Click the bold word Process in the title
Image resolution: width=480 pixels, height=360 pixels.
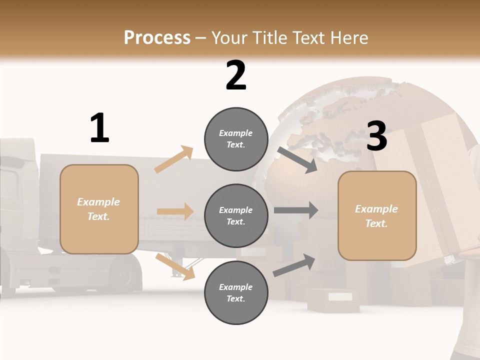[157, 37]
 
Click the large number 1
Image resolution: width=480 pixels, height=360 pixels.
[99, 128]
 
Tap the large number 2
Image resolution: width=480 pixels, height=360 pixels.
[236, 75]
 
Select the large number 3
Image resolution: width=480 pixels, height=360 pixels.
[377, 136]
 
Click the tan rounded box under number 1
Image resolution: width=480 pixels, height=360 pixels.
[99, 209]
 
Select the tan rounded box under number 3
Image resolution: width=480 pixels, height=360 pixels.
[377, 215]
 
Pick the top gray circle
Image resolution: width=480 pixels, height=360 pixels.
[236, 139]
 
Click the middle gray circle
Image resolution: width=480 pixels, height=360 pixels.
[236, 215]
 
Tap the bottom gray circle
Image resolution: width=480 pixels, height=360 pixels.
[236, 292]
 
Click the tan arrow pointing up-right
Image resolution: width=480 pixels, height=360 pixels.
[173, 159]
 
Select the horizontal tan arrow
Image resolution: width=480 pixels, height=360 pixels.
[175, 211]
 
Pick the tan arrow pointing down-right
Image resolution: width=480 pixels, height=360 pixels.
[175, 266]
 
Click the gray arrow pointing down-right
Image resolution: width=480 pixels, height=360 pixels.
[297, 160]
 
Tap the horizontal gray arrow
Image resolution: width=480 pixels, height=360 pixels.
[295, 210]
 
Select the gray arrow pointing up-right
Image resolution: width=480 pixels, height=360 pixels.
[294, 265]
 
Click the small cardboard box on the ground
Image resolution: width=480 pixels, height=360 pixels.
[333, 300]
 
